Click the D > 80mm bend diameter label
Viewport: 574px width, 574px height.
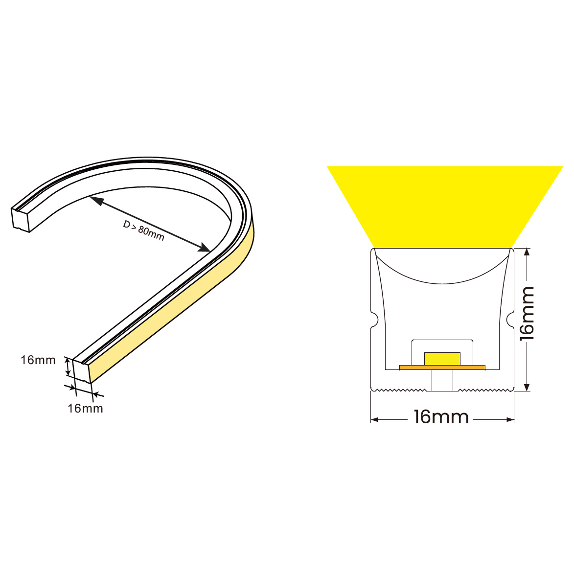[x=143, y=230]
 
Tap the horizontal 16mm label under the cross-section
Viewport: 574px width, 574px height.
[x=441, y=417]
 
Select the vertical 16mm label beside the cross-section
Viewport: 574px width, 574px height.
[x=527, y=314]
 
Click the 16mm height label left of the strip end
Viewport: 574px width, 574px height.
[x=38, y=360]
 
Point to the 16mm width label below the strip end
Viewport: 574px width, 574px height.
[x=85, y=409]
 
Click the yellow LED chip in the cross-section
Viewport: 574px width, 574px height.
[x=442, y=359]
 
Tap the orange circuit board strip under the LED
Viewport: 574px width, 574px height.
[x=442, y=367]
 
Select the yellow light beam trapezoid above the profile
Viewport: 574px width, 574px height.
[x=444, y=207]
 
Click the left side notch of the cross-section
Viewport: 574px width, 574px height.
[x=374, y=320]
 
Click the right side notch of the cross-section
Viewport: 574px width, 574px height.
[x=510, y=320]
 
